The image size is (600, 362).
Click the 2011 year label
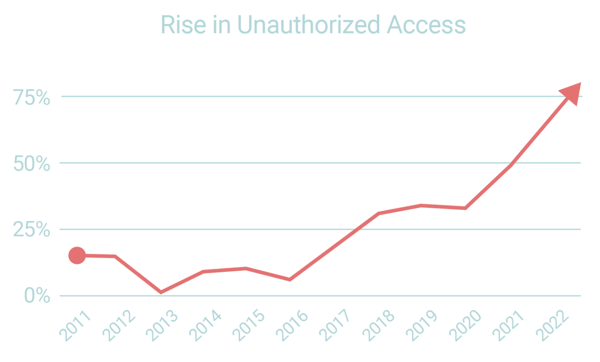(75, 325)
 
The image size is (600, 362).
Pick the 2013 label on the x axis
(162, 325)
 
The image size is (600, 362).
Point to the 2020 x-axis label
(465, 325)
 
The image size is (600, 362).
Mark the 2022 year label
(552, 325)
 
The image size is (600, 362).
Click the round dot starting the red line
(77, 256)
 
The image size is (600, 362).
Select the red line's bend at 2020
(465, 208)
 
